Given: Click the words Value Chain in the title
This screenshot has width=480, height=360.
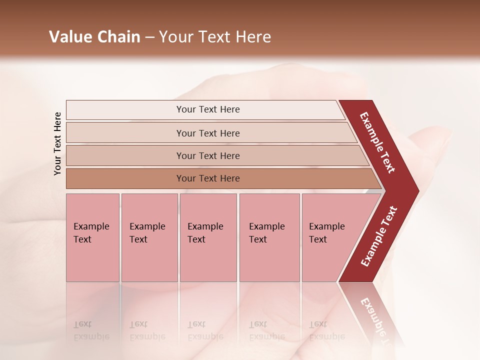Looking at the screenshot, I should tap(94, 37).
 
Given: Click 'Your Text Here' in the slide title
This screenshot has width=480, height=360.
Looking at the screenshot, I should tap(215, 37).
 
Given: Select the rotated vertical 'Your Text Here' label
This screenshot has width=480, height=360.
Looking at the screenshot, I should tap(57, 143).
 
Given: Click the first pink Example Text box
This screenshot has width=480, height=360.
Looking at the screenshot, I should tap(92, 237).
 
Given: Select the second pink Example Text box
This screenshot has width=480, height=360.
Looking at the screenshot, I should tap(149, 237).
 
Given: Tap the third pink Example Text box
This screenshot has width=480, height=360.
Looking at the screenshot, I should tap(208, 237).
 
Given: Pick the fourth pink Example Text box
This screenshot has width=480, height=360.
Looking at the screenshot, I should tap(269, 237).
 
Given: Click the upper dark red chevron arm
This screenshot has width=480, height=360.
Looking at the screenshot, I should tap(377, 143).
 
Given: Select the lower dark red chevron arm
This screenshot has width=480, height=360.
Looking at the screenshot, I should tap(378, 237).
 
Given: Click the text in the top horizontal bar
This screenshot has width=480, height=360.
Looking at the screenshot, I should tap(208, 109).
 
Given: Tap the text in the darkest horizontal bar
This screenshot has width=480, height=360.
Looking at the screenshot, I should tap(208, 178).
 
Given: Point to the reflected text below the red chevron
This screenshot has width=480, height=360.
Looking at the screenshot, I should tap(374, 315).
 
